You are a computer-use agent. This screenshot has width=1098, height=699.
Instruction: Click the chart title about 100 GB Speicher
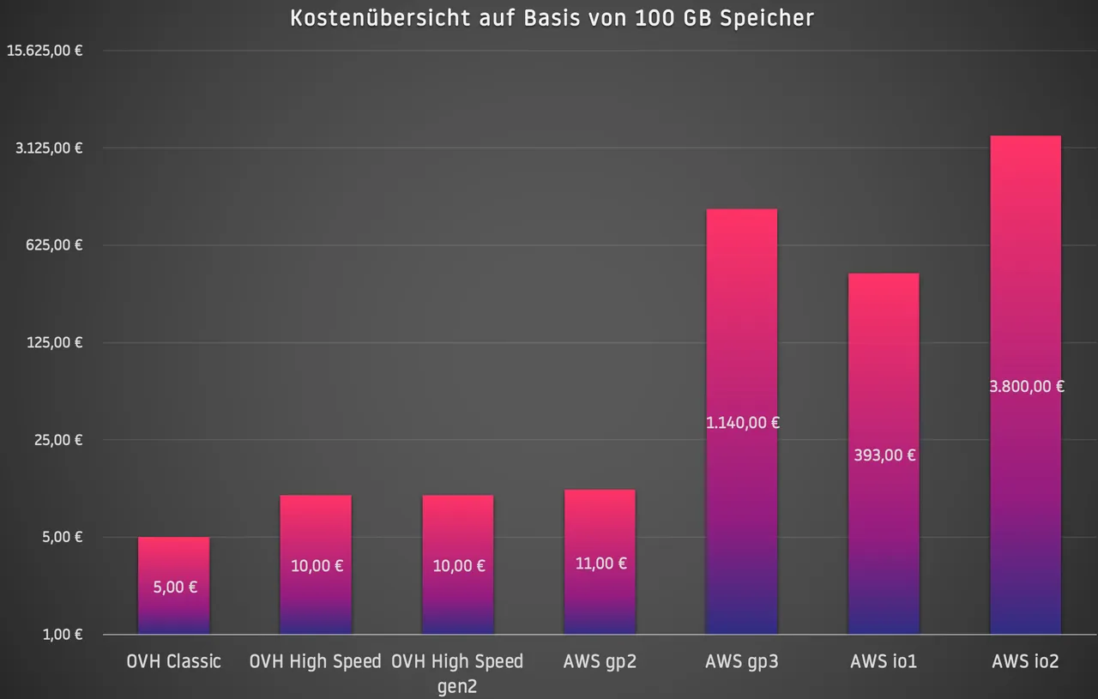pyautogui.click(x=552, y=19)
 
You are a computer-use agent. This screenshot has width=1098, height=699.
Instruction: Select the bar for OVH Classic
pyautogui.click(x=173, y=585)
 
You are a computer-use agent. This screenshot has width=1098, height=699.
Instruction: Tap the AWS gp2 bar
pyautogui.click(x=600, y=562)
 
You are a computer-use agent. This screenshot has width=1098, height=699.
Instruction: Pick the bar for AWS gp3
pyautogui.click(x=742, y=422)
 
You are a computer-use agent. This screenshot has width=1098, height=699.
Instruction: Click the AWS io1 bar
pyautogui.click(x=884, y=454)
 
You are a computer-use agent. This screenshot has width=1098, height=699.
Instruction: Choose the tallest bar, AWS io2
pyautogui.click(x=1025, y=385)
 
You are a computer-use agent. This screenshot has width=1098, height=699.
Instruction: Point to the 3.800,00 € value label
pyautogui.click(x=1027, y=387)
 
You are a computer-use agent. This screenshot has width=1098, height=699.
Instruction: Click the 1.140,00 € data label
pyautogui.click(x=743, y=423)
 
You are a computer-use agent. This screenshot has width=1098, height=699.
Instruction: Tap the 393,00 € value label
pyautogui.click(x=884, y=455)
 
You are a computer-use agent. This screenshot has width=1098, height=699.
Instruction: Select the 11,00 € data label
pyautogui.click(x=601, y=563)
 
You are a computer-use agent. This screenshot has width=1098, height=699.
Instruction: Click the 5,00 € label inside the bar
pyautogui.click(x=175, y=588)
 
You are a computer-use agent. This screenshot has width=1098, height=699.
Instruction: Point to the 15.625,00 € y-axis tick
pyautogui.click(x=45, y=51)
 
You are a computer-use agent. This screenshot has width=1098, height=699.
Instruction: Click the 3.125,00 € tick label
pyautogui.click(x=49, y=148)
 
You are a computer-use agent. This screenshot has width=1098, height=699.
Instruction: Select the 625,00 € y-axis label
pyautogui.click(x=54, y=245)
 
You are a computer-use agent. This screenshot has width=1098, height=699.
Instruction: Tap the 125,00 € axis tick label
pyautogui.click(x=54, y=342)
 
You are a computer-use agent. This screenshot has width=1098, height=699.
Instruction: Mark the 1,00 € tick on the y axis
pyautogui.click(x=63, y=635)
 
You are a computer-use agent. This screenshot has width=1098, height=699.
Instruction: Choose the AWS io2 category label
pyautogui.click(x=1025, y=662)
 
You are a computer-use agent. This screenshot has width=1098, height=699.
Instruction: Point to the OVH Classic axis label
pyautogui.click(x=173, y=662)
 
